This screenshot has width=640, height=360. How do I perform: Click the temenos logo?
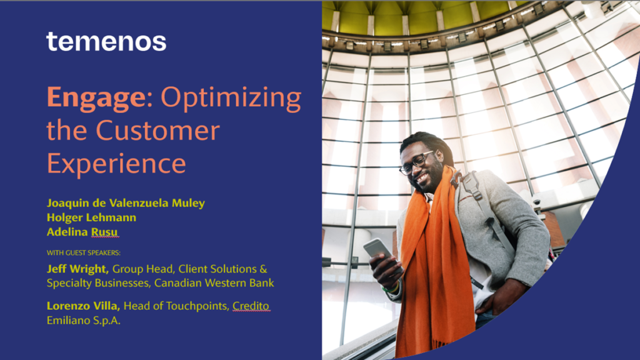(106, 41)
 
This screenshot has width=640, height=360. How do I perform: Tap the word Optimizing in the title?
(231, 99)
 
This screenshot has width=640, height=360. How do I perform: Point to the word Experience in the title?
(116, 164)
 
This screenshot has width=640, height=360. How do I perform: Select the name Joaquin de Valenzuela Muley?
(126, 203)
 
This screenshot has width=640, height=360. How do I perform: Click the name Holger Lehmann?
(91, 217)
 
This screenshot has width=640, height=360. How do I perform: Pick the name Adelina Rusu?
(82, 232)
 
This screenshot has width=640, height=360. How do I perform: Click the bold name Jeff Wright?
(78, 269)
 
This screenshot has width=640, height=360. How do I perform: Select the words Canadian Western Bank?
(214, 283)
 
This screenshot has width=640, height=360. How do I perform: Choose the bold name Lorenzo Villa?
(84, 306)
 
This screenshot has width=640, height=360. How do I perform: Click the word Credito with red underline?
(251, 306)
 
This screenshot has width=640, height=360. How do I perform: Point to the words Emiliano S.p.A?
(84, 320)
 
